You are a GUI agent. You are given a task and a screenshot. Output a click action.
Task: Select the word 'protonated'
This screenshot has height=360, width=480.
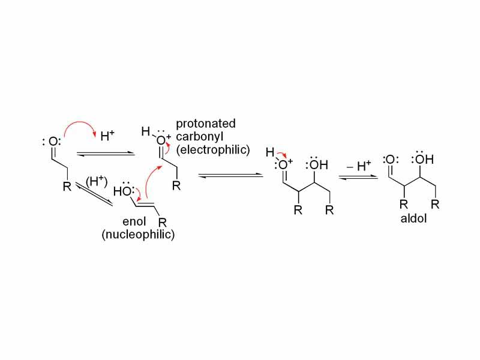pyautogui.click(x=206, y=124)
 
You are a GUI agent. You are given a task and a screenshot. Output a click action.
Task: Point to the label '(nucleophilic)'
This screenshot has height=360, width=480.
pyautogui.click(x=138, y=235)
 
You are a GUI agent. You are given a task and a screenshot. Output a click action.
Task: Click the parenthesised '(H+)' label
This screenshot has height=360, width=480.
pyautogui.click(x=95, y=181)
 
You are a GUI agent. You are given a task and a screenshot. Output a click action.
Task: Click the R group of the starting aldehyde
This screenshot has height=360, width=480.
pyautogui.click(x=67, y=187)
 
